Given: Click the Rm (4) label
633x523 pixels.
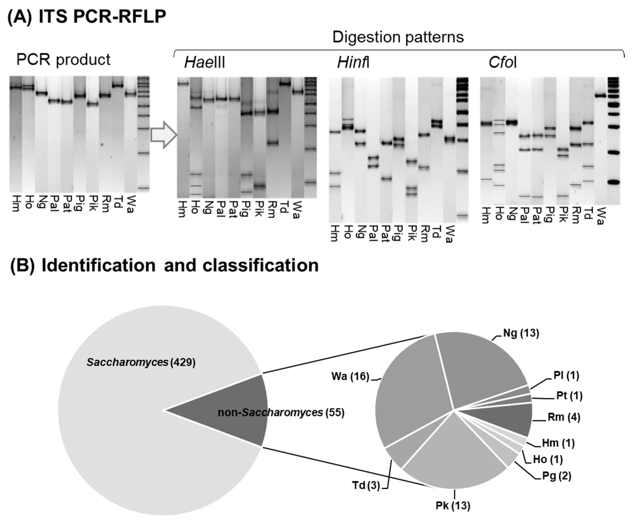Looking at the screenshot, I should [x=564, y=417].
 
